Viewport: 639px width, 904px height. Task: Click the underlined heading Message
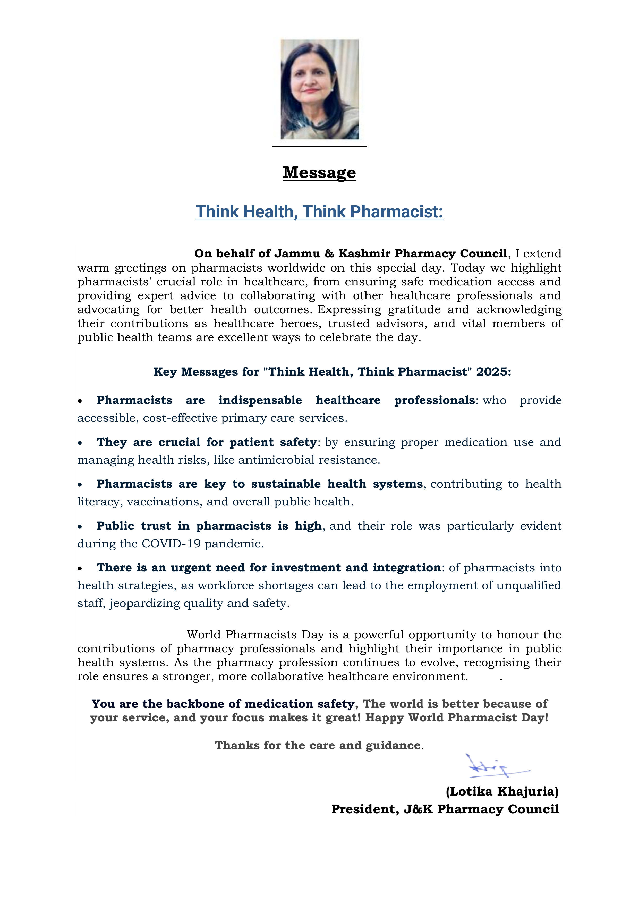[x=319, y=172]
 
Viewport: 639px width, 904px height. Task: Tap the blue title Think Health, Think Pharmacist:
[x=319, y=212]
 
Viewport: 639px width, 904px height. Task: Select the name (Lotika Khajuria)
[x=502, y=791]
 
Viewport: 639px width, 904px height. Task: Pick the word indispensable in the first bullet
[x=260, y=400]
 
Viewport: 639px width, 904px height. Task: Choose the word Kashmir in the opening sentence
[x=364, y=254]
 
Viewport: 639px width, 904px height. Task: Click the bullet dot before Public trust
[x=80, y=526]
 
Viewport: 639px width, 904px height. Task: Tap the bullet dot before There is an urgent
[x=80, y=568]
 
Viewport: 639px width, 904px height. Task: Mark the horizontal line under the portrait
[x=319, y=146]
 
